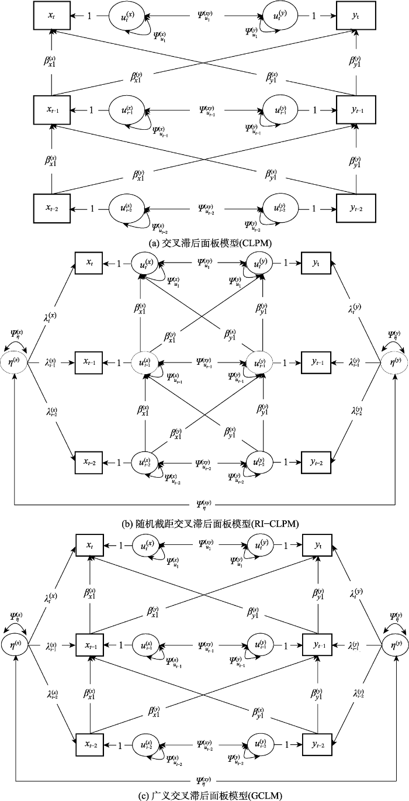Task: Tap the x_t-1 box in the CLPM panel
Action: click(51, 109)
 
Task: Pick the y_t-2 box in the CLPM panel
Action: click(354, 208)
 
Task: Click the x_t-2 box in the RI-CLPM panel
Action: click(89, 462)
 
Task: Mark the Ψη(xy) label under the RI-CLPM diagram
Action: click(204, 503)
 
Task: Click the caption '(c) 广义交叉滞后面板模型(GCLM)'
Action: click(204, 794)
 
